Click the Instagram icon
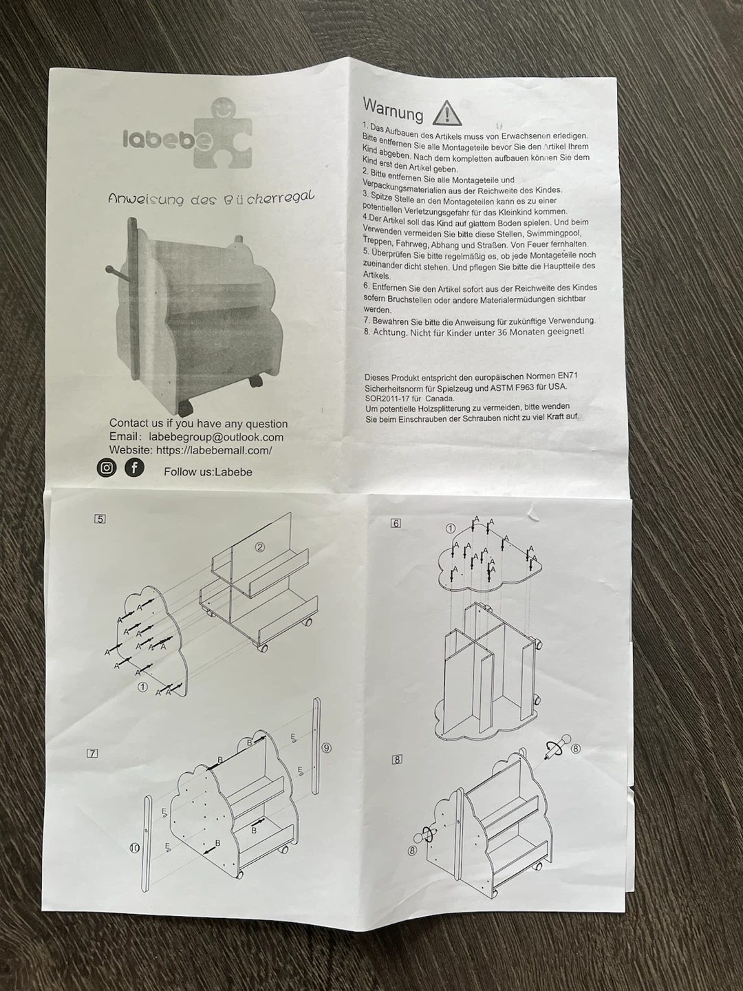point(107,468)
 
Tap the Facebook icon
point(134,468)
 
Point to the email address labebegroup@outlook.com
point(216,437)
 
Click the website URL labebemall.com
point(214,450)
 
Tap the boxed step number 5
point(100,519)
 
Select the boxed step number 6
point(396,524)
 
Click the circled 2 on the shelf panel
point(260,547)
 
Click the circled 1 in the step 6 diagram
point(450,528)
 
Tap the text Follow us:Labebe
point(208,472)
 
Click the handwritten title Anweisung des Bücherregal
point(211,199)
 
